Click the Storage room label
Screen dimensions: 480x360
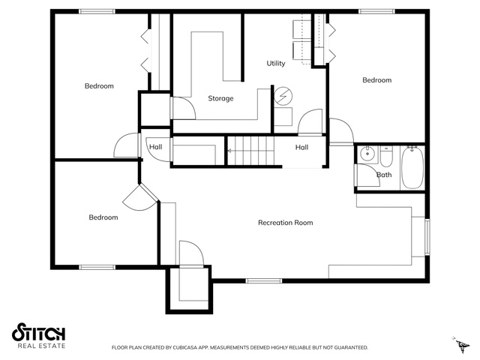pyautogui.click(x=220, y=98)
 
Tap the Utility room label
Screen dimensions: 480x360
pyautogui.click(x=276, y=63)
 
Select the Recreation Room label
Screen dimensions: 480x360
pyautogui.click(x=285, y=223)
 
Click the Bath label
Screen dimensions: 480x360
pyautogui.click(x=384, y=175)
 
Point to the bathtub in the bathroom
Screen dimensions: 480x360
pyautogui.click(x=412, y=167)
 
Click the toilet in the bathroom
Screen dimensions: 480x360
pyautogui.click(x=386, y=156)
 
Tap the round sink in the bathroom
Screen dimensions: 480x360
pyautogui.click(x=367, y=153)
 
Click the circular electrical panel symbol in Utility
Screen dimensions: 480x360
pyautogui.click(x=283, y=96)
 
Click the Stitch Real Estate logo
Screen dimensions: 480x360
pyautogui.click(x=38, y=335)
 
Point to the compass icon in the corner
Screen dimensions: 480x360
pyautogui.click(x=460, y=344)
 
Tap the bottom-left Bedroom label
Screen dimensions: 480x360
pyautogui.click(x=103, y=217)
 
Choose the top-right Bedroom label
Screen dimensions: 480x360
pyautogui.click(x=376, y=80)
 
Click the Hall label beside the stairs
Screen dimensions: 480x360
pyautogui.click(x=301, y=147)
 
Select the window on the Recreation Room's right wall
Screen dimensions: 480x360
pyautogui.click(x=427, y=237)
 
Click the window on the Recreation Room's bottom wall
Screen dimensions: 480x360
pyautogui.click(x=263, y=280)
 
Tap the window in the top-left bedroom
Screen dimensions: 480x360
pyautogui.click(x=97, y=12)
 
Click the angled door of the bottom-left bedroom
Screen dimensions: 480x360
pyautogui.click(x=140, y=197)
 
